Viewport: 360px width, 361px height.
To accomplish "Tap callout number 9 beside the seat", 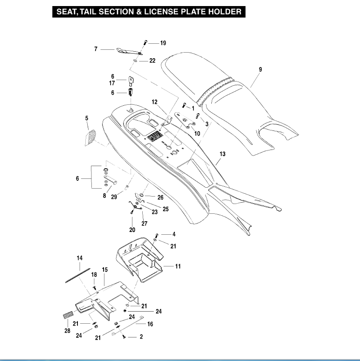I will [x=260, y=69].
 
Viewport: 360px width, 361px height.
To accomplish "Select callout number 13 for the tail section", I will [x=222, y=154].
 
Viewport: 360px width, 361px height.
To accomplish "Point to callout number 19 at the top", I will [x=163, y=43].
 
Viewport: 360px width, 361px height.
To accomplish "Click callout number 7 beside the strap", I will [x=96, y=48].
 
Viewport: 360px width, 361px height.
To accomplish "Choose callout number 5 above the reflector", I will [x=87, y=119].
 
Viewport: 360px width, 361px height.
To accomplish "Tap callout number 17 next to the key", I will [x=112, y=83].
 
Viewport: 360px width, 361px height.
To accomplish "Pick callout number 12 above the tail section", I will [x=155, y=102].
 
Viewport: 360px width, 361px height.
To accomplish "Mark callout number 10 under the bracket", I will [x=197, y=133].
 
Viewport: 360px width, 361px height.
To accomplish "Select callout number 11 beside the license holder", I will [x=178, y=266].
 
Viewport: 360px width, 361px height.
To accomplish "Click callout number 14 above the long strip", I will [x=80, y=258].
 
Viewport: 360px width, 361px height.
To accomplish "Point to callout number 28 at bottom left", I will [x=67, y=331].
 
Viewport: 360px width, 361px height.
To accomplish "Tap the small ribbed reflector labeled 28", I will [x=68, y=315].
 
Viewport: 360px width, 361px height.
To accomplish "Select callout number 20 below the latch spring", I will [x=132, y=230].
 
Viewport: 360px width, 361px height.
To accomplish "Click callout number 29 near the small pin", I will [x=113, y=198].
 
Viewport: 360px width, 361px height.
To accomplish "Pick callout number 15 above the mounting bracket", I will [x=105, y=270].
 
